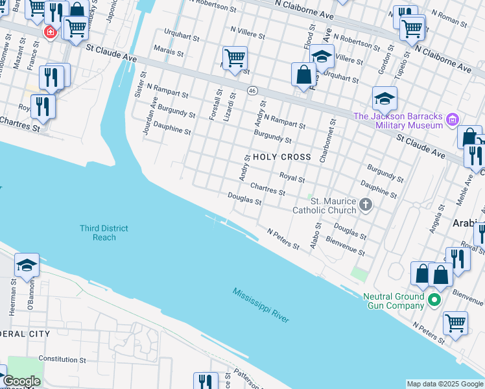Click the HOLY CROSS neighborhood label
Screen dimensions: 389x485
[x=282, y=158]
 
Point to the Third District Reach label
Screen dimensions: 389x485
[x=104, y=233]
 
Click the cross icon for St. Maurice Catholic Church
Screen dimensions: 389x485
[x=366, y=206]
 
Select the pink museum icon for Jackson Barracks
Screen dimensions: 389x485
[x=453, y=120]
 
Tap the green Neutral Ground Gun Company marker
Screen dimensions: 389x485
[x=434, y=300]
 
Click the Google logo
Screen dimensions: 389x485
[x=21, y=381]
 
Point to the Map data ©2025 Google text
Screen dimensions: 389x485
[x=444, y=384]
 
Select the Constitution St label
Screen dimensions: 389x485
[x=62, y=359]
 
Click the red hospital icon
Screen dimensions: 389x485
[x=49, y=32]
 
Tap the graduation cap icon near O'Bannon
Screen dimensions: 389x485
[x=27, y=265]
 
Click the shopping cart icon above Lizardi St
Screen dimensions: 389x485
[x=235, y=58]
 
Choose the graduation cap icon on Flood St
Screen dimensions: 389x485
[x=321, y=56]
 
